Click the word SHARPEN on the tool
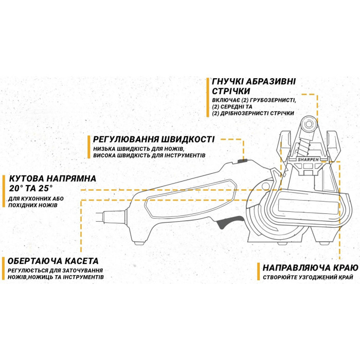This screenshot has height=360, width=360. coord(308,159)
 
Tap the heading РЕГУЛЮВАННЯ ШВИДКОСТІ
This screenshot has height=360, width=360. coord(154,139)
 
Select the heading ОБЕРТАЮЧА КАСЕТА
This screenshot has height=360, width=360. coord(53,261)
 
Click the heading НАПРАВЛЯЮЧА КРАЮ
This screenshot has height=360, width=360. coord(311,268)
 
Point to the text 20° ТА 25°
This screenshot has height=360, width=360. coord(31,189)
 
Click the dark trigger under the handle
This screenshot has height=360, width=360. coord(230,222)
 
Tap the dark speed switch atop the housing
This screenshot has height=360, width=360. coord(242,161)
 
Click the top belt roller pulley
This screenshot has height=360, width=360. coord(308,124)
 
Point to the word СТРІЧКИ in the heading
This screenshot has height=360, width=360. coord(231,91)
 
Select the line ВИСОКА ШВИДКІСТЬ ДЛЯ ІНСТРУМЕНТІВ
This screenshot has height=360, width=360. coord(149,155)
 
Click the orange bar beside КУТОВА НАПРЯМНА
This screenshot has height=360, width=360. coord(4,191)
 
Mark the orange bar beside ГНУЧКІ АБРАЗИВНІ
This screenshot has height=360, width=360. coord(208,97)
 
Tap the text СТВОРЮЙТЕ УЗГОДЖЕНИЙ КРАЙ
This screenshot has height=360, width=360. coord(308,277)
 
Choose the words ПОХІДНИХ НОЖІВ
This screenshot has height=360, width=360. coord(33,205)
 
